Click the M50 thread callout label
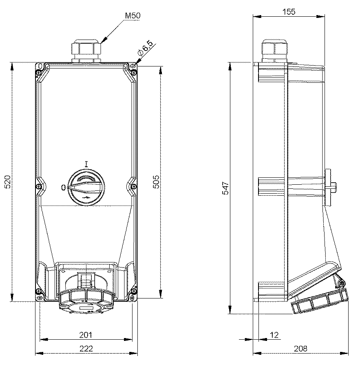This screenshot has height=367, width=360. click(133, 15)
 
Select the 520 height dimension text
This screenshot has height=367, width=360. click(7, 181)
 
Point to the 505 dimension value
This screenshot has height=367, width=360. click(156, 181)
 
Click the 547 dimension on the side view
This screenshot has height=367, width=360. click(225, 188)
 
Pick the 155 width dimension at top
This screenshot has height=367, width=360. click(289, 11)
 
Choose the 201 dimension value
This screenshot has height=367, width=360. click(86, 335)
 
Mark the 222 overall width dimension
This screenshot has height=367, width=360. click(86, 349)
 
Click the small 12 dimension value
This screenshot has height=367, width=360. click(274, 335)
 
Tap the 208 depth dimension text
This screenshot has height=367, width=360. click(300, 349)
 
